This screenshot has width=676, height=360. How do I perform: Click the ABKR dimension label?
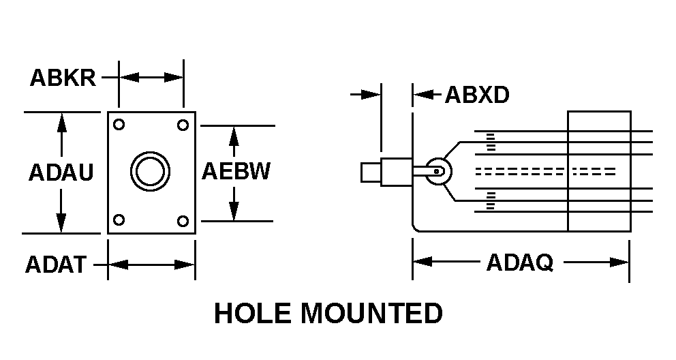point(63,78)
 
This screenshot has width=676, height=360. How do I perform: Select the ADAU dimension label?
point(61,172)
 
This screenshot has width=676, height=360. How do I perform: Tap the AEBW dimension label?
point(236,171)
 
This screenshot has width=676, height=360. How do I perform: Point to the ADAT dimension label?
point(56,264)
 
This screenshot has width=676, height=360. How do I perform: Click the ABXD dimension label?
point(477,95)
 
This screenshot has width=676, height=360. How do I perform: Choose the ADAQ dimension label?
point(519,262)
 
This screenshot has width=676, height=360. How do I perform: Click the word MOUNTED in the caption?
point(371,314)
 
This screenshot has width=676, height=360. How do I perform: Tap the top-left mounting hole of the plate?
point(119,125)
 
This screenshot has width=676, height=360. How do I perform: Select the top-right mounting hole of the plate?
point(183,125)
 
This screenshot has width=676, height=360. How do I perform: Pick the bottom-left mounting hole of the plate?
point(119,220)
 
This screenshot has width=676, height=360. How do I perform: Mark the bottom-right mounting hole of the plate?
point(183,220)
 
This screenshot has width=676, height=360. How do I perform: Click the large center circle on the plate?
point(149,171)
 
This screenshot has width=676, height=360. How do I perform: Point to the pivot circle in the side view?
point(437,171)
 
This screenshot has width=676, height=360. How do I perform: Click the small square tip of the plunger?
point(370,172)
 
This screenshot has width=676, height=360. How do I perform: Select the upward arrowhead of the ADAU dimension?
point(61,121)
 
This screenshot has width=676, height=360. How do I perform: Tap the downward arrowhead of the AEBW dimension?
point(234,213)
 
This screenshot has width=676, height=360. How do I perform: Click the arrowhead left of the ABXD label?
point(420,95)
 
